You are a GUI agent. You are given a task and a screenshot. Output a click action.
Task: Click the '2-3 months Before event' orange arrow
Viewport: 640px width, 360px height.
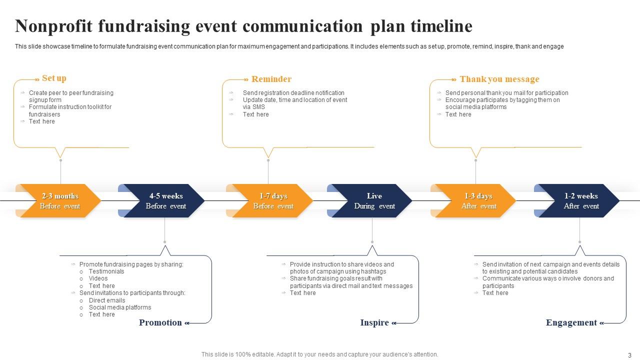(59, 201)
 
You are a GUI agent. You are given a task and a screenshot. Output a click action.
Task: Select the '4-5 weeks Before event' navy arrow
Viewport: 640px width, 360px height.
(165, 201)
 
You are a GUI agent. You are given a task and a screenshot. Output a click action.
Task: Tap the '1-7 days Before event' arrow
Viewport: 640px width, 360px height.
(273, 201)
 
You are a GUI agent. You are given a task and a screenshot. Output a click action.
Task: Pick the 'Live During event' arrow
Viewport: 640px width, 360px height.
(374, 201)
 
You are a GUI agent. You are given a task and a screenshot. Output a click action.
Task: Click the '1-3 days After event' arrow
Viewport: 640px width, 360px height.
(478, 201)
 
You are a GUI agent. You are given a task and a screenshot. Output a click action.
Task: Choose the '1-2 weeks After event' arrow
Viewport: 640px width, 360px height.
(581, 201)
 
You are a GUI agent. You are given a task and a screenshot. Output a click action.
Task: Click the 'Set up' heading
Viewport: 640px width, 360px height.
(54, 78)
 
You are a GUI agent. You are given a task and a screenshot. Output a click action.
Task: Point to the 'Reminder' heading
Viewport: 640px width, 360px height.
(271, 79)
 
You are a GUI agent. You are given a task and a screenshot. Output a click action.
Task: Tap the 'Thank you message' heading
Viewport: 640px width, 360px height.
(499, 79)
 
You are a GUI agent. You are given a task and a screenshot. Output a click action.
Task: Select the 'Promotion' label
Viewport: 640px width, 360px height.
(160, 322)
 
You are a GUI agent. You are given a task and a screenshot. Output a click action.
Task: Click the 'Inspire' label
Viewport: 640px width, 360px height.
(374, 322)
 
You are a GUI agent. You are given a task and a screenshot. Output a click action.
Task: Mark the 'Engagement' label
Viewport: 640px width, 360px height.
(571, 322)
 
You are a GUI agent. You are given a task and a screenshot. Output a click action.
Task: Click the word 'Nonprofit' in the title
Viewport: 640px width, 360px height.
(53, 26)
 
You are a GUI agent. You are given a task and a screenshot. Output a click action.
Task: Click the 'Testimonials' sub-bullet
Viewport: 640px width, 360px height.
(106, 271)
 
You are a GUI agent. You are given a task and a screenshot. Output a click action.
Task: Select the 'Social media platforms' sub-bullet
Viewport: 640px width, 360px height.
(120, 307)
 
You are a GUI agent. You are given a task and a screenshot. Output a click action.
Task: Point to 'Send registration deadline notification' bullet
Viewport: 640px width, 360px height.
(293, 92)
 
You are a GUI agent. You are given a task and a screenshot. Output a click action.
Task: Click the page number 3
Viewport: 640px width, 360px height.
(629, 355)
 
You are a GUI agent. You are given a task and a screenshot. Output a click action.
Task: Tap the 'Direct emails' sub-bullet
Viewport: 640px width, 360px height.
(107, 300)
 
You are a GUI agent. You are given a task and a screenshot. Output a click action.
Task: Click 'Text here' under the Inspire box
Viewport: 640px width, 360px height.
(302, 293)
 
